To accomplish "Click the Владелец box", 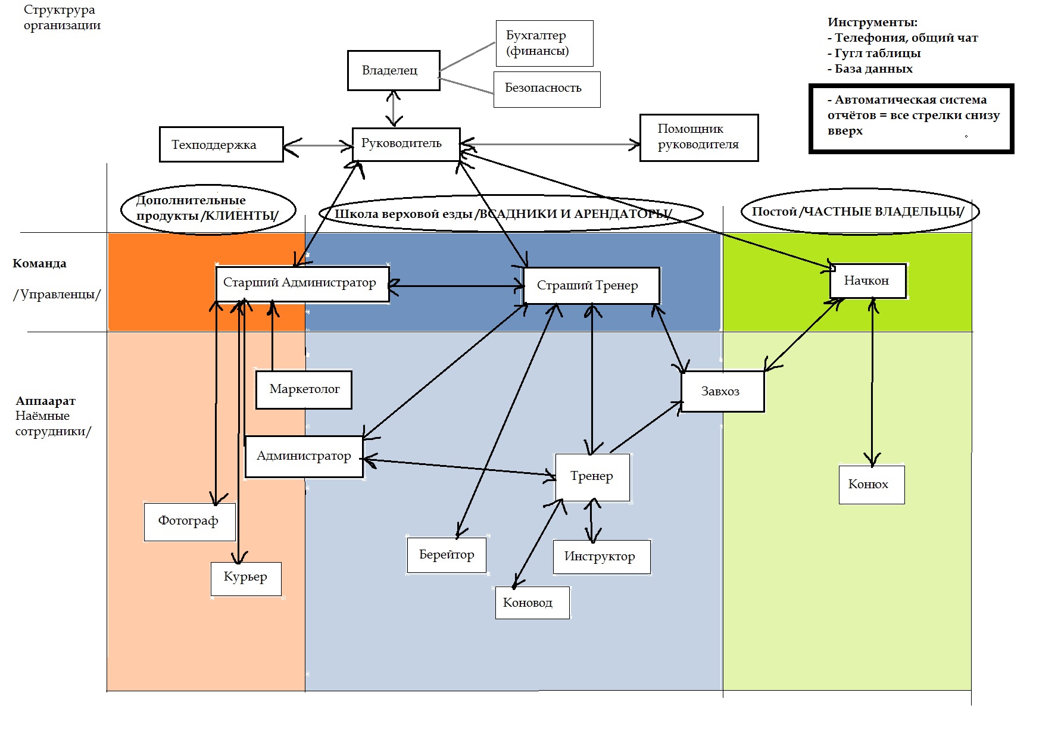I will [394, 70].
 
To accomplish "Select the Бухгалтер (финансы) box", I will [544, 43].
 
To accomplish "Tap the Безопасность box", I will [547, 89].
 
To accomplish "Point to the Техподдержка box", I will [221, 144].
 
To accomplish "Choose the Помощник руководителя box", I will [698, 138].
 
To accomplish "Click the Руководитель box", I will [405, 143].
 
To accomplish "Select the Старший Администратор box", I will [302, 284].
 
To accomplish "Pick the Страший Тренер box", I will [591, 286].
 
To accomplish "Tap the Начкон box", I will [867, 281].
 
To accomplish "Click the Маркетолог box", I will [304, 390].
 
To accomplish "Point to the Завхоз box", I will [722, 391].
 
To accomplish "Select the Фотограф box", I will [189, 522].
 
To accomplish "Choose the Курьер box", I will [245, 578].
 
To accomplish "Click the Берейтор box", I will [447, 555].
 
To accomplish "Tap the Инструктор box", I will [601, 557].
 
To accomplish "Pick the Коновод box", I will [532, 603].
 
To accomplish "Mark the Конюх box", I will [871, 485].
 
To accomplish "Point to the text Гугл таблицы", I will [877, 53].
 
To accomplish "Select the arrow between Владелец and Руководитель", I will [394, 109].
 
